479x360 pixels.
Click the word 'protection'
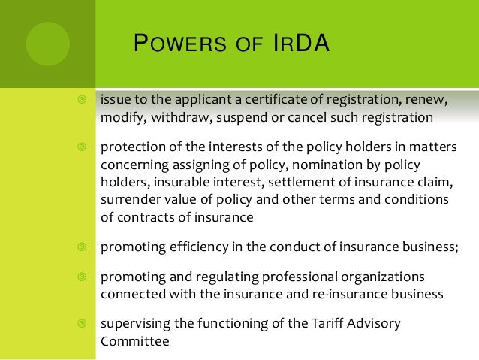[x=133, y=148]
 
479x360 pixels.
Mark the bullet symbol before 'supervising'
[x=82, y=324]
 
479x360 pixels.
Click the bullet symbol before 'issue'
[x=82, y=101]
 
